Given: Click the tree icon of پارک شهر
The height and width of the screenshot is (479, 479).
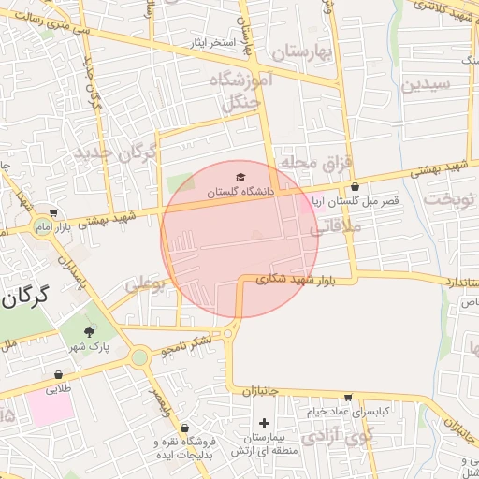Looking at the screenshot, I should pos(90,332).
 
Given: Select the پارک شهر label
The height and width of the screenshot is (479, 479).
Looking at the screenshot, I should pos(89,347).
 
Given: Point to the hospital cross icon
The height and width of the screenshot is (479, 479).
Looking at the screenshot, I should pos(265,424).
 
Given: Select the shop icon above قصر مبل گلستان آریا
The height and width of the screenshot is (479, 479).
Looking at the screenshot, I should pos(356,187).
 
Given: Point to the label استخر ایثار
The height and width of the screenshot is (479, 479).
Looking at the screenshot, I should pos(210,43).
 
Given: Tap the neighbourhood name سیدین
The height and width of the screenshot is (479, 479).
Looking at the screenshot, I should pos(427,84).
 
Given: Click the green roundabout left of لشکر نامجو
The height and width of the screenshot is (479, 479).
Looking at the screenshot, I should pos(139,356).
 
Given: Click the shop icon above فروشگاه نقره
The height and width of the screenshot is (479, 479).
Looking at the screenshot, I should pos(184,428).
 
